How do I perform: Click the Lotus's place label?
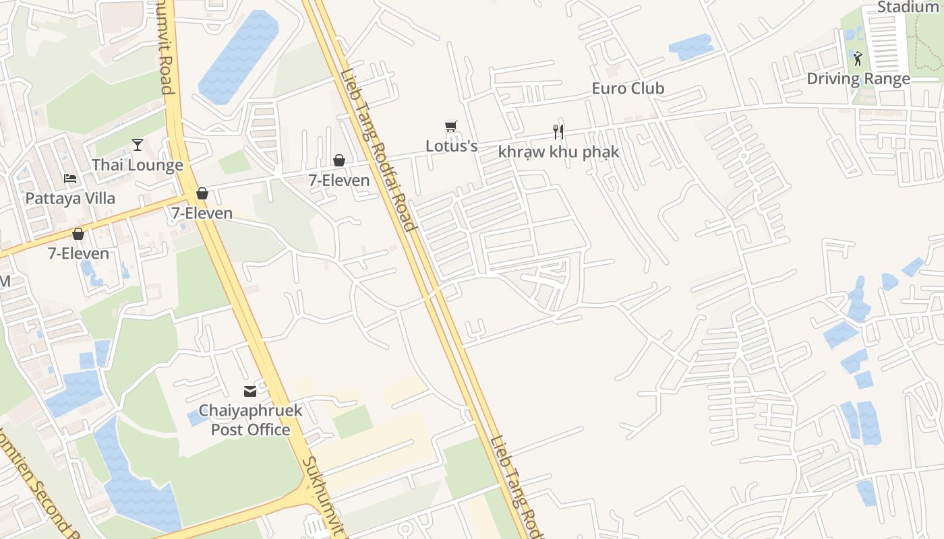[x=451, y=146]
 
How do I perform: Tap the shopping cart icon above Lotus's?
[x=451, y=127]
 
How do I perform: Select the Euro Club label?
[x=628, y=88]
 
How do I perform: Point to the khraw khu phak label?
[x=558, y=152]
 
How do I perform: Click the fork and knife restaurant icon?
[x=558, y=131]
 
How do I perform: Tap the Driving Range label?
[x=858, y=79]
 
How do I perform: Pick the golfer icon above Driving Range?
[x=857, y=59]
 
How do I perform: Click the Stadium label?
[x=908, y=7]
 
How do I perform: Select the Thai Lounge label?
[x=138, y=165]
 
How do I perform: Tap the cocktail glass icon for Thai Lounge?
[x=138, y=144]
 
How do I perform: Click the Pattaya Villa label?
[x=70, y=199]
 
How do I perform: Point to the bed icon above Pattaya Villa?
[x=70, y=179]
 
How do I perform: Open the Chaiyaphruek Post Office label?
[x=250, y=420]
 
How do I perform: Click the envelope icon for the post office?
[x=250, y=391]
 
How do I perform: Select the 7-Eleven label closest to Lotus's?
[x=339, y=180]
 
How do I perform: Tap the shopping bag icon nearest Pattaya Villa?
[x=78, y=234]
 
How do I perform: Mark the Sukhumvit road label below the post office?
[x=323, y=495]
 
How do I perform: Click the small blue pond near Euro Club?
[x=690, y=46]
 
